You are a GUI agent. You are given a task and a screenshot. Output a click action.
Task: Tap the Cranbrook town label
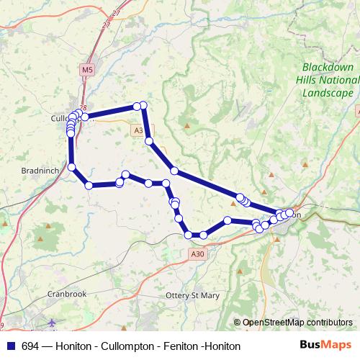tap(67, 294)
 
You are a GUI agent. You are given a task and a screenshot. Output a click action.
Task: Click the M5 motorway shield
tap(87, 70)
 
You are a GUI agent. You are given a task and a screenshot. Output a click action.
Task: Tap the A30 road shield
tap(198, 254)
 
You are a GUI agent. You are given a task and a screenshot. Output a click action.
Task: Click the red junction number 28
tap(83, 108)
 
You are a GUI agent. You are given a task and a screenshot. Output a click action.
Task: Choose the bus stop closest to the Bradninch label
tap(72, 168)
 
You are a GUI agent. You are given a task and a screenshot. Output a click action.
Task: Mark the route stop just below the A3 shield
tap(149, 141)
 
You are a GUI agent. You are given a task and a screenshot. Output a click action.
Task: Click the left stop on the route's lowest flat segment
tap(189, 235)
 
